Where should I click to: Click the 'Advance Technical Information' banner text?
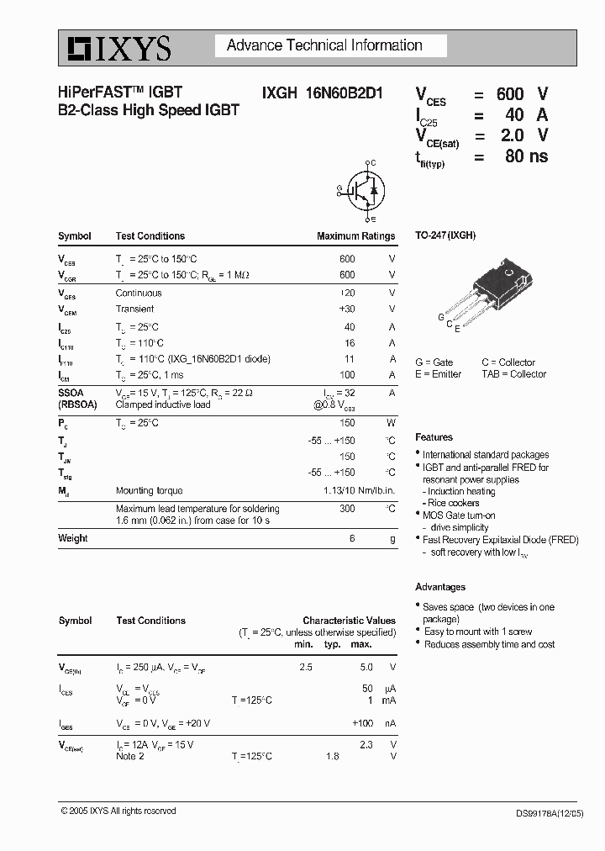point(324,45)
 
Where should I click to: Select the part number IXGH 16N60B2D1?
point(316,94)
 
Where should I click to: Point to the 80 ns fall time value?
point(526,156)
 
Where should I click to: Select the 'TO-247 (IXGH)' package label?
point(445,235)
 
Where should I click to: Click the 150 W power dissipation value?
point(347,423)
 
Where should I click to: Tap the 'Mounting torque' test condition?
point(149,490)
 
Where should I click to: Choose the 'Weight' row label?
point(73,538)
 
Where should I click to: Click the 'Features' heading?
point(434,437)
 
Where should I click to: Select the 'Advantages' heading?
point(440,587)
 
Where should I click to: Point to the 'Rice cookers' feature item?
point(453,503)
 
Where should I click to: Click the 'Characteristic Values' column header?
point(349,621)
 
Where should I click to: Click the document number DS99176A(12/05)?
point(545,813)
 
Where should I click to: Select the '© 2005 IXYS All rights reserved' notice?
point(118,811)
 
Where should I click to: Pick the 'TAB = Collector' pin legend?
point(513,374)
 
